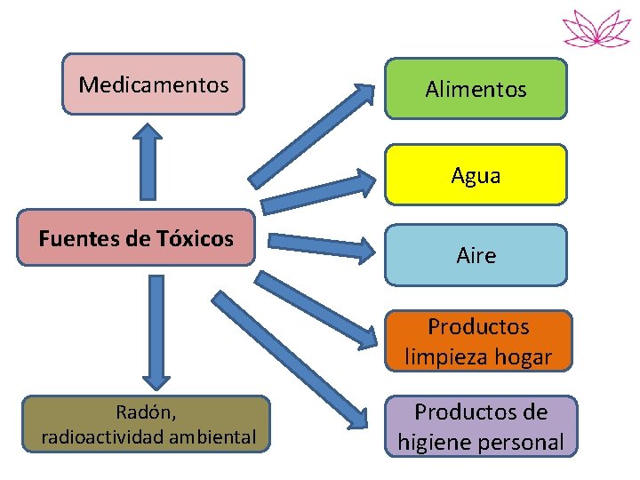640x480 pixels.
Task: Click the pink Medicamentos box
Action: point(153,84)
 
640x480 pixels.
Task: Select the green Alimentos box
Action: point(476,89)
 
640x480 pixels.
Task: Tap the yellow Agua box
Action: point(476,175)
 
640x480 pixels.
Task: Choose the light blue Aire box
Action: point(476,255)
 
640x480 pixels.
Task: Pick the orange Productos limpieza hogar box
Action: point(477,341)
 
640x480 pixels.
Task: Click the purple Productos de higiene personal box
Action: point(480,427)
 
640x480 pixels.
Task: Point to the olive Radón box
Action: point(147,424)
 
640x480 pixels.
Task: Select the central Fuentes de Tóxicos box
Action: point(136,238)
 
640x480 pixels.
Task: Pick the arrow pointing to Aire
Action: point(320,244)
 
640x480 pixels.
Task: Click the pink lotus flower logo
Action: point(596,28)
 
